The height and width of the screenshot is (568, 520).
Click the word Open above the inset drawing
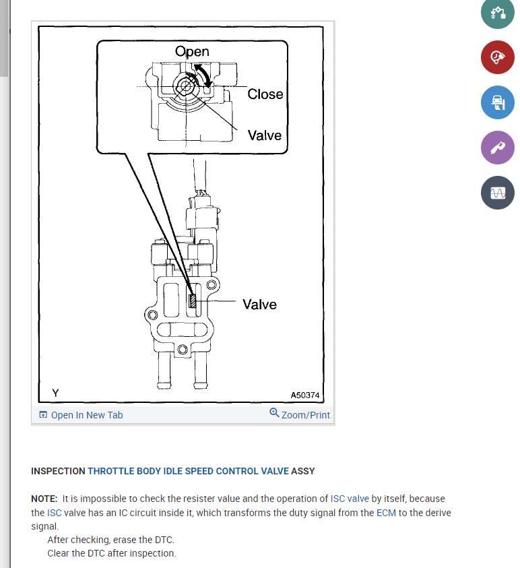coord(192,51)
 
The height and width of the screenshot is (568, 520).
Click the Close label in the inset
coord(265,94)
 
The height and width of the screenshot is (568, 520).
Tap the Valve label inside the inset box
coord(264,135)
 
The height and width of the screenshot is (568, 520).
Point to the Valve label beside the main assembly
coord(259,305)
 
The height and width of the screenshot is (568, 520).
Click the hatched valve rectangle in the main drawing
coord(193,303)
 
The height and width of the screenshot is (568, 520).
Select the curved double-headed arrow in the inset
coord(203,75)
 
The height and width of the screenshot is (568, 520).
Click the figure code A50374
coord(305,396)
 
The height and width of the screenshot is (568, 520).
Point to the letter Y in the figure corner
coord(55,393)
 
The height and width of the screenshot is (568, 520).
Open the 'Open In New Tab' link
coord(81,415)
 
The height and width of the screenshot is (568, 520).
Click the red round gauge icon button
coord(497,57)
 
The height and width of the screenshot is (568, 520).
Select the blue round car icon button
coord(497,102)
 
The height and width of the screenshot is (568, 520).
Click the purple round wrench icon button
coord(497,148)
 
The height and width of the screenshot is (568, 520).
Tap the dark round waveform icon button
coord(497,193)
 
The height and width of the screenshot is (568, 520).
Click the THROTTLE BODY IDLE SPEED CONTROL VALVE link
coord(188,471)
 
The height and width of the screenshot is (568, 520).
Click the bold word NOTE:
coord(44,499)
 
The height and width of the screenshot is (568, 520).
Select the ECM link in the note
coord(385,513)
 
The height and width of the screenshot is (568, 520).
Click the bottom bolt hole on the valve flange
coord(183,349)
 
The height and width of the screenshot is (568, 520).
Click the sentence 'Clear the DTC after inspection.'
coord(112,553)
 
